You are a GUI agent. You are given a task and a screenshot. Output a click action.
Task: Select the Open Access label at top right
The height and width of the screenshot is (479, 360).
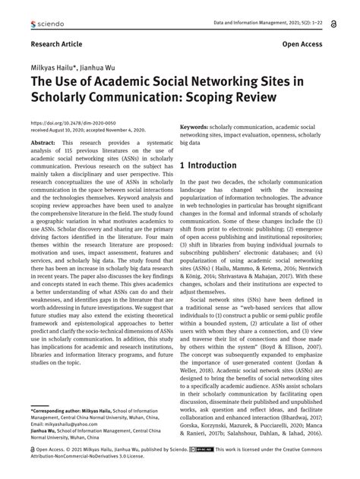click(305, 45)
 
